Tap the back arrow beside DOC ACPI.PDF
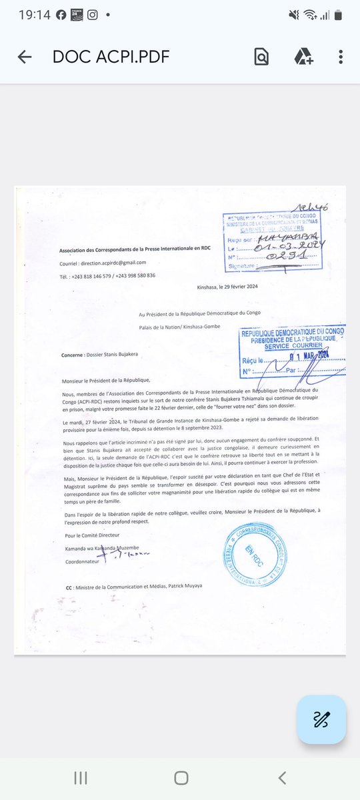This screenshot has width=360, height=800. (25, 57)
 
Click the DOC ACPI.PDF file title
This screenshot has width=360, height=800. (111, 57)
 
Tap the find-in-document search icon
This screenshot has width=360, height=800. (261, 57)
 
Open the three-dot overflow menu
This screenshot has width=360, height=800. (341, 57)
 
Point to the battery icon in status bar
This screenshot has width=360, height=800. (338, 13)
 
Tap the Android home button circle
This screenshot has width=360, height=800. (181, 777)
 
